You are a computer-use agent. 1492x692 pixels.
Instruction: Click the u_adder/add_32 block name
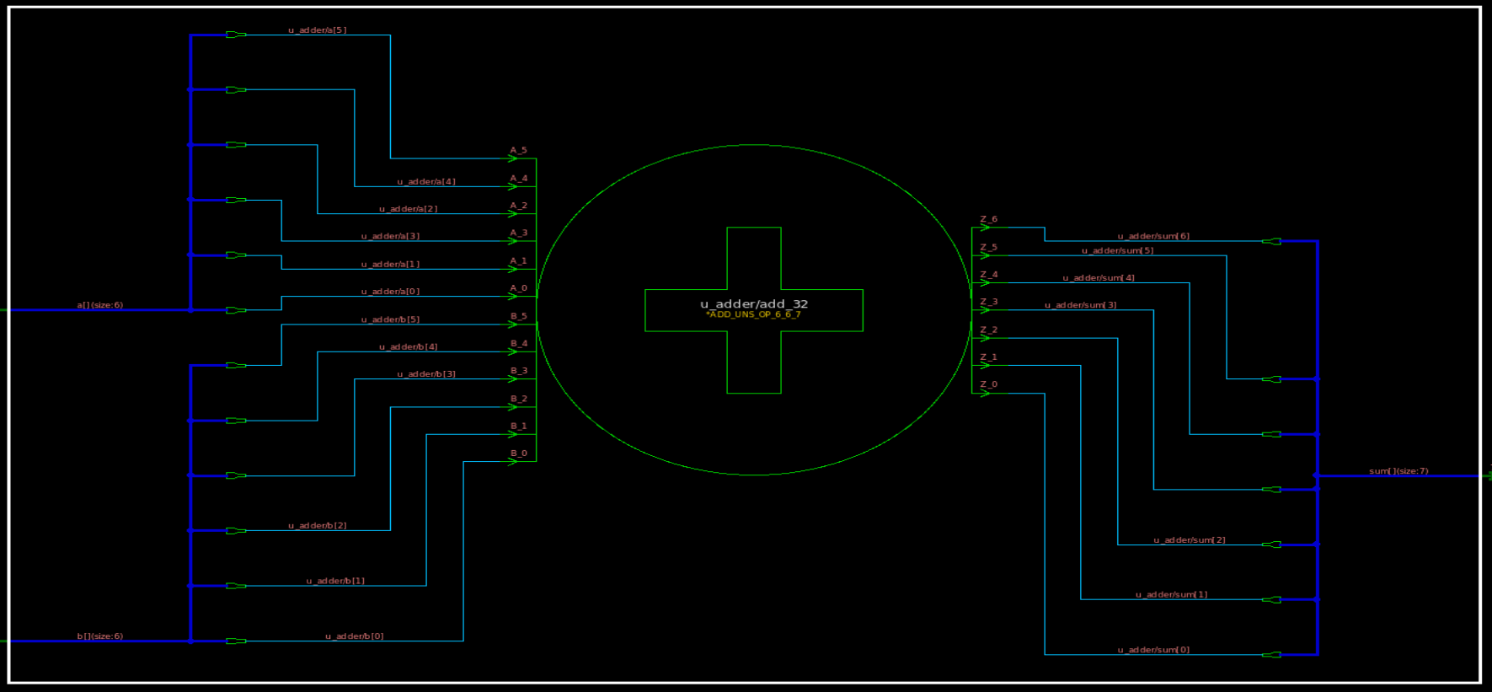753,304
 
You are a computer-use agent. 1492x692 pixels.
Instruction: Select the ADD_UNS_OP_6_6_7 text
753,315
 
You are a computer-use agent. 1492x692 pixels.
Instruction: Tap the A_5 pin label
518,151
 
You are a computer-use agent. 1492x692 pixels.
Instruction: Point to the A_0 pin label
518,288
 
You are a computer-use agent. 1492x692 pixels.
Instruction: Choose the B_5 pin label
518,317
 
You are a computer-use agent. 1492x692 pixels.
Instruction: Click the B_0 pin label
518,453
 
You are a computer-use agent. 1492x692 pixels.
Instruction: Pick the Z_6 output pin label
988,219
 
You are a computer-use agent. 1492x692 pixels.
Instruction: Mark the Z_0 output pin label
988,384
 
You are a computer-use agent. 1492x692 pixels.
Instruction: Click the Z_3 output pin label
988,302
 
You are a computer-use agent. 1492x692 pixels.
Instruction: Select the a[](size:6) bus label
99,305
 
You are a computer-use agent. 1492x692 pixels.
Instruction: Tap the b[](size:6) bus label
99,636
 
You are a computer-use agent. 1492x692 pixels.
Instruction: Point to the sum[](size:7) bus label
1398,471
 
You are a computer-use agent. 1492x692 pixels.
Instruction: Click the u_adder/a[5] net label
317,30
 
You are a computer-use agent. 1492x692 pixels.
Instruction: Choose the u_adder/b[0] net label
354,636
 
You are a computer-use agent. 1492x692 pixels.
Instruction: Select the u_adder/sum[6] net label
1153,237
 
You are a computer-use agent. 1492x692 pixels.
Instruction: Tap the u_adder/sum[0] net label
1153,650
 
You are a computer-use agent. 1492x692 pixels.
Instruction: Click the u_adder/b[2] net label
317,526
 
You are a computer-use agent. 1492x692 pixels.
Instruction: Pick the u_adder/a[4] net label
426,182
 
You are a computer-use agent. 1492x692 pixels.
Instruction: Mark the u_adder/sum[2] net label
1189,540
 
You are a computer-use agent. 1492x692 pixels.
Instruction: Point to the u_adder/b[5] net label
390,320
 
